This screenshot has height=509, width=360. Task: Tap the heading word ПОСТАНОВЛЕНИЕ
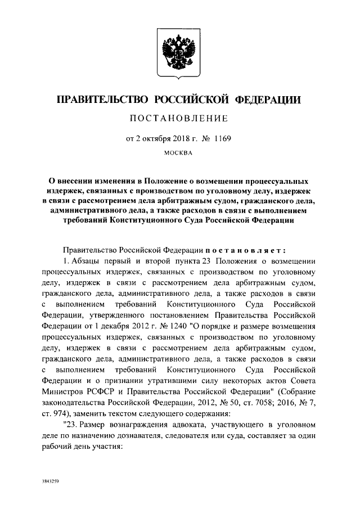point(179,118)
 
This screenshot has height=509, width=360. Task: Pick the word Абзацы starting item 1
point(85,262)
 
